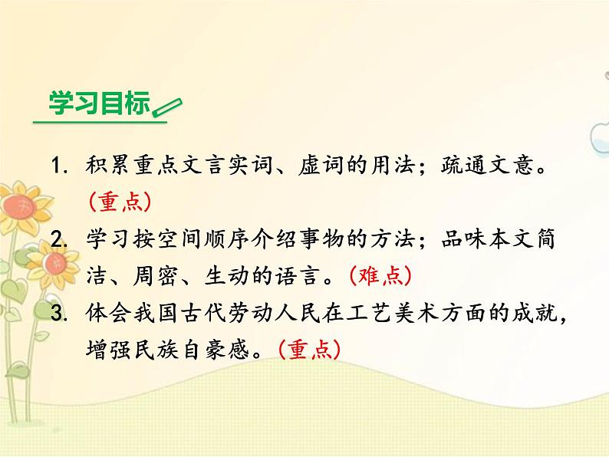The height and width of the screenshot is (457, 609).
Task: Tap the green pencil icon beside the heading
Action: coord(166,107)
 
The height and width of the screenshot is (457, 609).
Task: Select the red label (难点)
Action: coord(381,275)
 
